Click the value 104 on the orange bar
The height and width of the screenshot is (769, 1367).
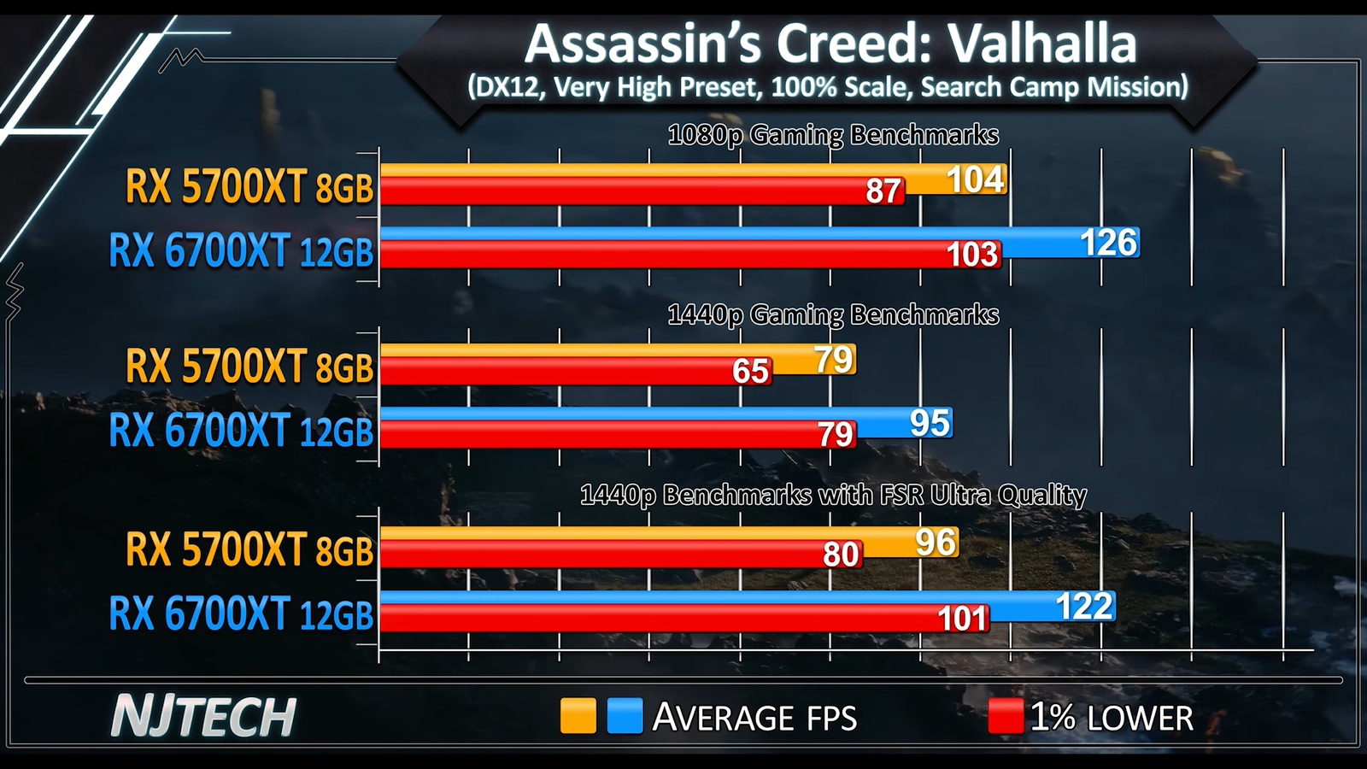point(975,180)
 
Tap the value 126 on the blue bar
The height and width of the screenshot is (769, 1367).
point(1108,244)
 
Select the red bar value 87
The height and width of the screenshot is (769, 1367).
point(883,191)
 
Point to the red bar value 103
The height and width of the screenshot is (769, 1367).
point(972,255)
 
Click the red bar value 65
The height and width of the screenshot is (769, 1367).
point(750,371)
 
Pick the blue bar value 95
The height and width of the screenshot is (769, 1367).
point(929,423)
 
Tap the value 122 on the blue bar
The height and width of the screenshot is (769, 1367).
point(1083,606)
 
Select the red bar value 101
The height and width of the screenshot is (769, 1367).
point(962,618)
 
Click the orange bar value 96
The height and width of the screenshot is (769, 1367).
point(935,543)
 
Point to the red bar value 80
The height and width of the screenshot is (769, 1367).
point(840,555)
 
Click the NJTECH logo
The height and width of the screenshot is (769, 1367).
point(203,716)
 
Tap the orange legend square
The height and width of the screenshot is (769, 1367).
point(578,716)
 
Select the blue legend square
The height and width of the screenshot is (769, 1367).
point(625,716)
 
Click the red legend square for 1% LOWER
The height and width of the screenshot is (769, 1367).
point(1005,716)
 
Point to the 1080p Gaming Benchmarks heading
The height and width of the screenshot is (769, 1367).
point(832,135)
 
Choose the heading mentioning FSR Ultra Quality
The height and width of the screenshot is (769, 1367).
point(832,495)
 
